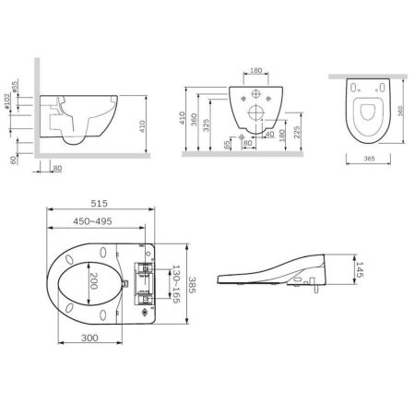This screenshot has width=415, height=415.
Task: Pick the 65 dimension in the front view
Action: pyautogui.click(x=227, y=146)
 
